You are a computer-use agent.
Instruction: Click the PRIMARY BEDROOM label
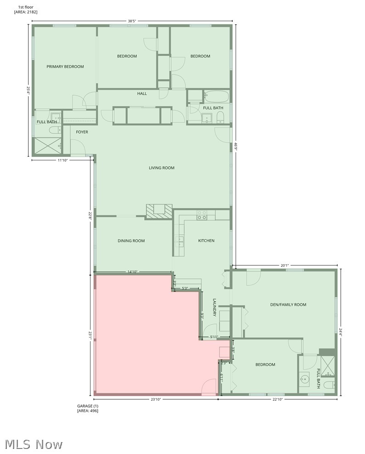(65, 67)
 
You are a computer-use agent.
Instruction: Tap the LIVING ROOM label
(162, 168)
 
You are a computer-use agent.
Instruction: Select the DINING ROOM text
(131, 241)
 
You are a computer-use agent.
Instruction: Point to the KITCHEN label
(206, 241)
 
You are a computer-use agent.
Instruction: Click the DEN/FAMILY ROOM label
(288, 305)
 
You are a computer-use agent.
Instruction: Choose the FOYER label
(82, 132)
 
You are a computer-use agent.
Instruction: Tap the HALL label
(142, 94)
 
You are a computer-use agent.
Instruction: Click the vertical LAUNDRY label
(214, 307)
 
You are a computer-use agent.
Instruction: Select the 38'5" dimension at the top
(133, 21)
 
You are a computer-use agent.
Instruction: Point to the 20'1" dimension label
(285, 265)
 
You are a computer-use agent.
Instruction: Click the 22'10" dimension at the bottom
(277, 399)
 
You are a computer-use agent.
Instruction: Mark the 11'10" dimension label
(63, 160)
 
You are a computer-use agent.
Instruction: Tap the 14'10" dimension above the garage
(132, 272)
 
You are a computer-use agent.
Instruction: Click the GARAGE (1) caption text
(87, 406)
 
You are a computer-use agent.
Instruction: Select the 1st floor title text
(26, 7)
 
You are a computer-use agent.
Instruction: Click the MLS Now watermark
(34, 444)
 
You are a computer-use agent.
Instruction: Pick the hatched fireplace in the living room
(159, 210)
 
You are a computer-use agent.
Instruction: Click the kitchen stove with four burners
(202, 215)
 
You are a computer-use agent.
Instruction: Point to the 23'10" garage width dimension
(155, 399)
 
